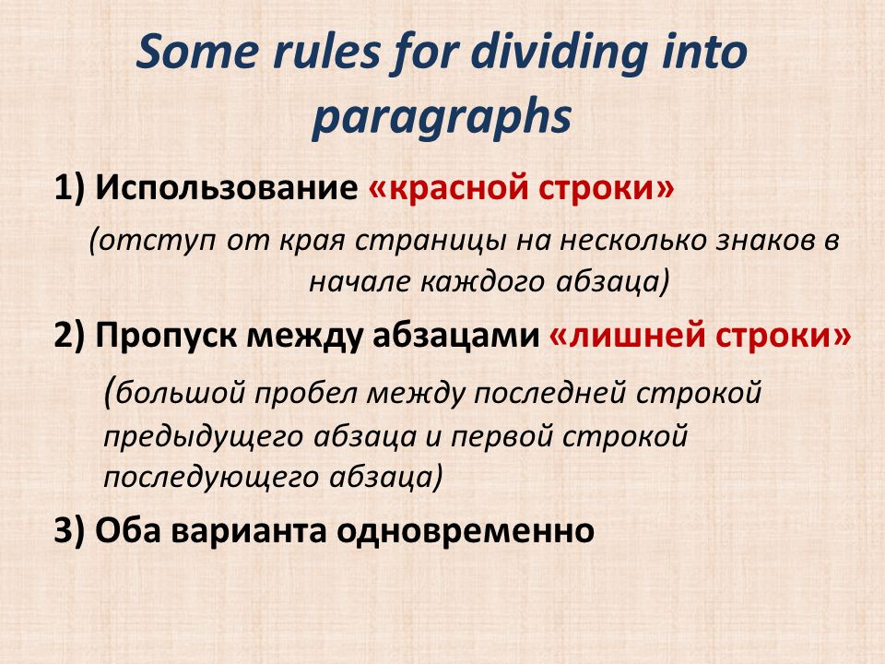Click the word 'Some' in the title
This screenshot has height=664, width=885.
[x=197, y=52]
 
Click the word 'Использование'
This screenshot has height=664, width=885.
[x=227, y=187]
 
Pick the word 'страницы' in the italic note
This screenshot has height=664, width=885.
[x=431, y=241]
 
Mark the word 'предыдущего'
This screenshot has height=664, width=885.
[x=204, y=437]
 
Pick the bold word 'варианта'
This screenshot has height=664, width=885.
[x=249, y=532]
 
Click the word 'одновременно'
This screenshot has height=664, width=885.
[x=466, y=531]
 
